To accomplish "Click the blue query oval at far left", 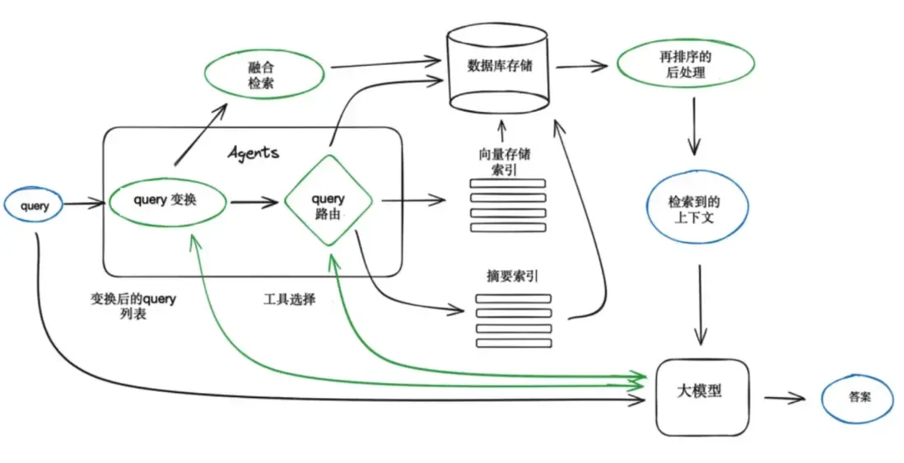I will pos(35,206).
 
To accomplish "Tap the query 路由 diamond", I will pos(328,200).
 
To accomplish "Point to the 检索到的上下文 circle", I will pos(697,209).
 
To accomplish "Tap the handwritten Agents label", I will pos(253,152).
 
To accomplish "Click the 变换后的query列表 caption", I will pos(133,306).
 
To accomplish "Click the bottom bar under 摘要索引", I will pos(513,343).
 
